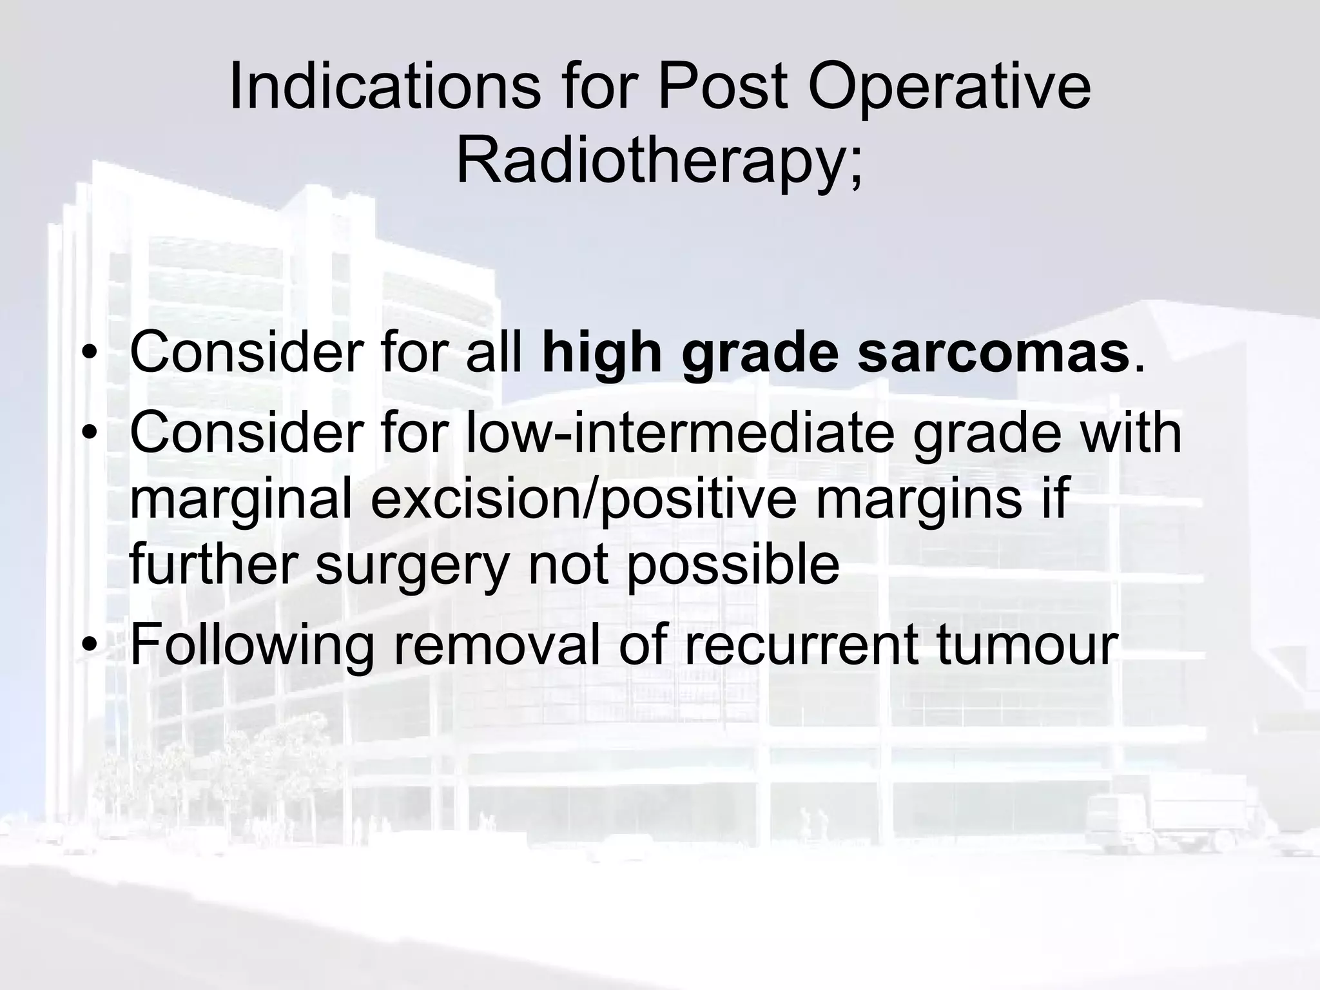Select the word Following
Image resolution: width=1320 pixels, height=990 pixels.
pos(252,646)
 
